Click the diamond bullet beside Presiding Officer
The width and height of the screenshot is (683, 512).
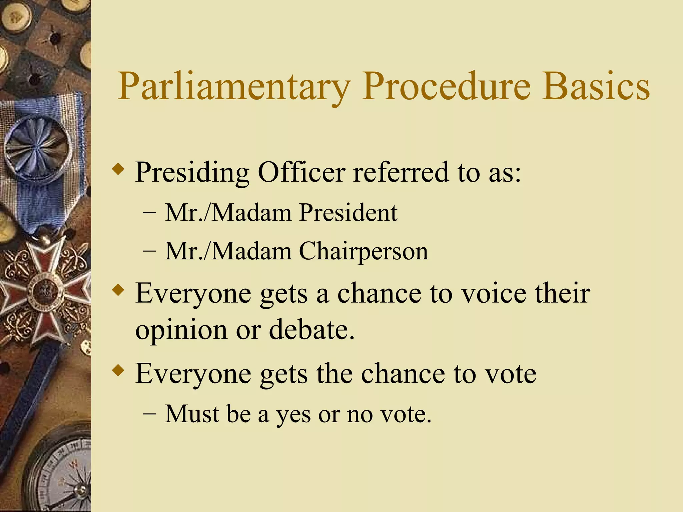[118, 169]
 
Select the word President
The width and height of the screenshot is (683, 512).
[348, 212]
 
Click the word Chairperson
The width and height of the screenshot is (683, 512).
[363, 251]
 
